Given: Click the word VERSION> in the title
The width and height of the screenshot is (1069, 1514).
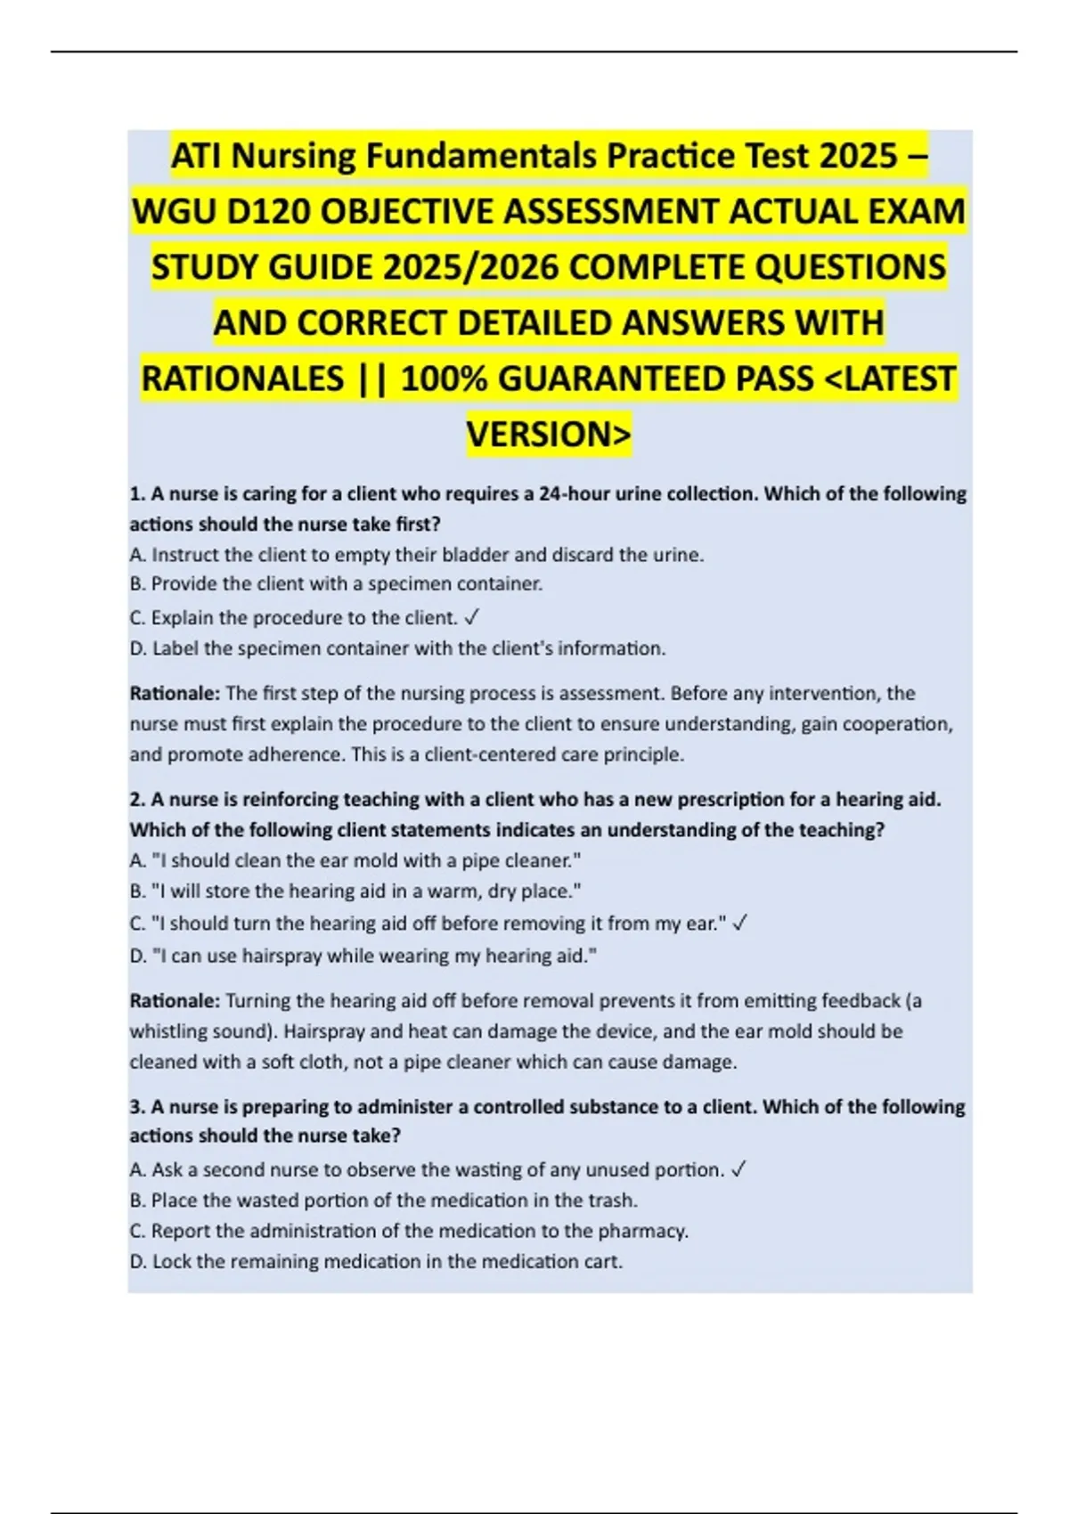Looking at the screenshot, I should pyautogui.click(x=549, y=434).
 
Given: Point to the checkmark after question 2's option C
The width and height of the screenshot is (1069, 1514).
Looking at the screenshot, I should pyautogui.click(x=739, y=924).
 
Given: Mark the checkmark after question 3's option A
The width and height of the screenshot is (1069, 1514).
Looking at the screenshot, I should pyautogui.click(x=738, y=1169).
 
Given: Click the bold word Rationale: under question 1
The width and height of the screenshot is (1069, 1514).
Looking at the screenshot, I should pyautogui.click(x=175, y=693).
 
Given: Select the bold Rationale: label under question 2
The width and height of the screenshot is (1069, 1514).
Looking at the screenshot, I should pyautogui.click(x=175, y=1000).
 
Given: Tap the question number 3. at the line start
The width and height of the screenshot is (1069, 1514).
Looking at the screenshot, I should pyautogui.click(x=137, y=1106).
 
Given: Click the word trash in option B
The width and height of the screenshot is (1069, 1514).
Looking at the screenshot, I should pyautogui.click(x=616, y=1200).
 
